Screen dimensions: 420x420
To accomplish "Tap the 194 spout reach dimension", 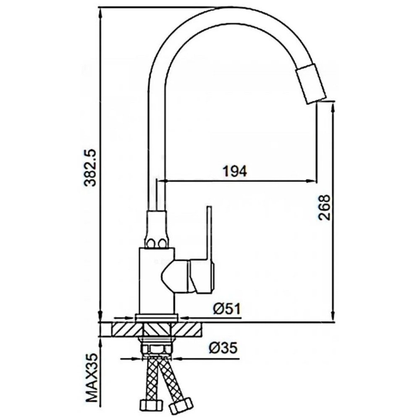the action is coord(235,171).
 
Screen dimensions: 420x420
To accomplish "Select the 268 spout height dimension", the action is coord(325,207).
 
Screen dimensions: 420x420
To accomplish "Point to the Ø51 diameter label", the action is coord(227,309).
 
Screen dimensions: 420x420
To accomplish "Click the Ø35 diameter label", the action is coord(223,348).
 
